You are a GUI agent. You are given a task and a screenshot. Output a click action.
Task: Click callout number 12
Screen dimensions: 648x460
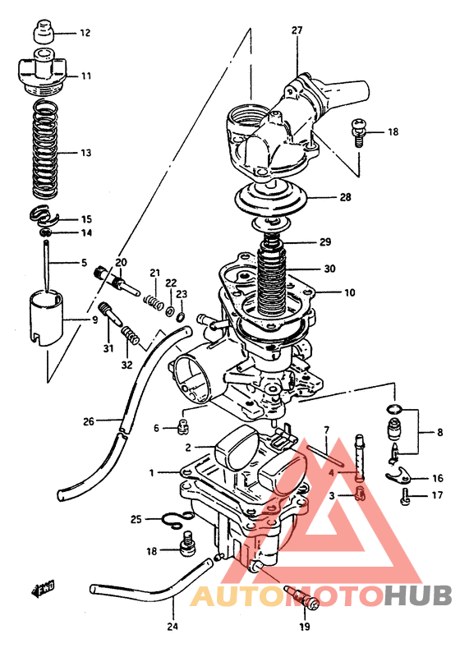coord(85,33)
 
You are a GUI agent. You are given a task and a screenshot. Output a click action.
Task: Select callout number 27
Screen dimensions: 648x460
coord(297,30)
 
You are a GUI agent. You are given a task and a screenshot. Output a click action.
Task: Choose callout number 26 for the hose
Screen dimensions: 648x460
coord(89,422)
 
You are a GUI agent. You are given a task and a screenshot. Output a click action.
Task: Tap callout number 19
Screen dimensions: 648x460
coord(304,627)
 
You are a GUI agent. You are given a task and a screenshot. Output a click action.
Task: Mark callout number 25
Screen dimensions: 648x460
coord(136,518)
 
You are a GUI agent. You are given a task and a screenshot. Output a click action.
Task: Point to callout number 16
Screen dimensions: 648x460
coord(437,478)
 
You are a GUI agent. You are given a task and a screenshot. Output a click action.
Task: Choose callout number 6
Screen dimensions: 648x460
coord(156,428)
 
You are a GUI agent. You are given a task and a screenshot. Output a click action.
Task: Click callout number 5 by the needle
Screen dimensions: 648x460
coord(83,263)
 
